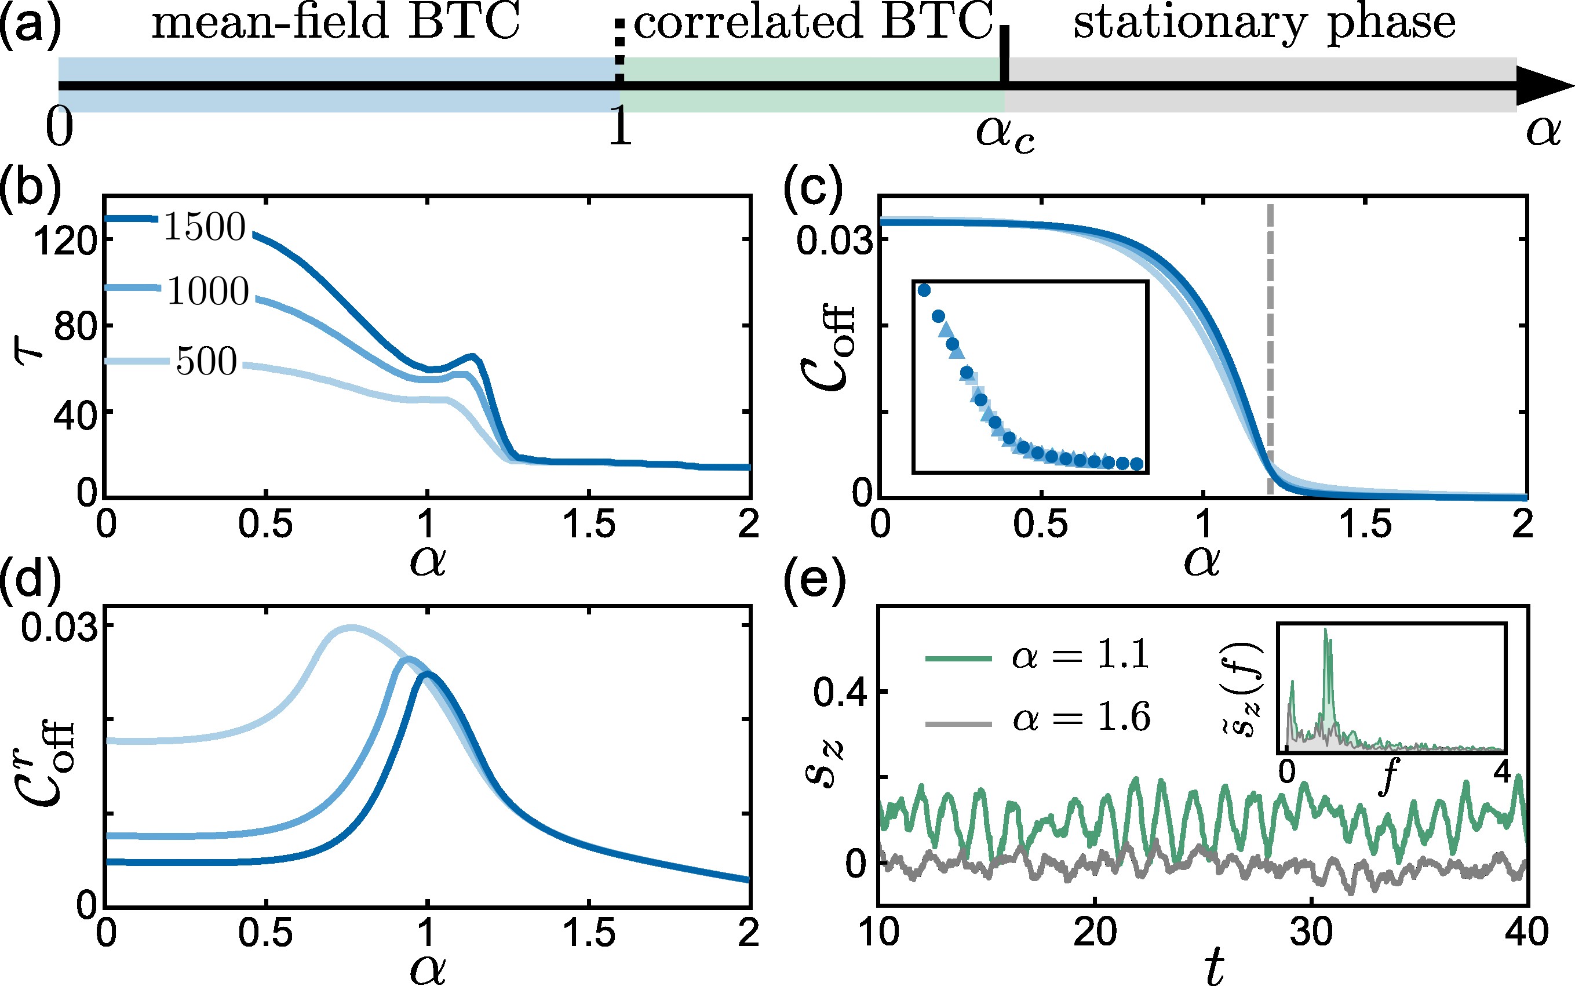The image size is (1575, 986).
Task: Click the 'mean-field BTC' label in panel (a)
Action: coord(336,22)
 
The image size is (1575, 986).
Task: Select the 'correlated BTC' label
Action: coord(813,22)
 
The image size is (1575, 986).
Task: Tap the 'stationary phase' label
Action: coord(1264,23)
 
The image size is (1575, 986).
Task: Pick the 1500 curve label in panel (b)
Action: coord(204,227)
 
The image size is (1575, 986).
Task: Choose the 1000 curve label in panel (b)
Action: coord(207,291)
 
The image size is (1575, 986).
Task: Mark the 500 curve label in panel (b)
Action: coord(207,361)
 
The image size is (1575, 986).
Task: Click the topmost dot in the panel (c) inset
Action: coord(924,290)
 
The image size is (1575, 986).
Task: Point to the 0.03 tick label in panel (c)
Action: coord(834,241)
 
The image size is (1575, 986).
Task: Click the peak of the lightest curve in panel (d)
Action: coord(351,627)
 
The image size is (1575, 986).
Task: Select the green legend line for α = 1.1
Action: coord(958,659)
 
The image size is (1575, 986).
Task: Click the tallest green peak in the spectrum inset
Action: coord(1325,630)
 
